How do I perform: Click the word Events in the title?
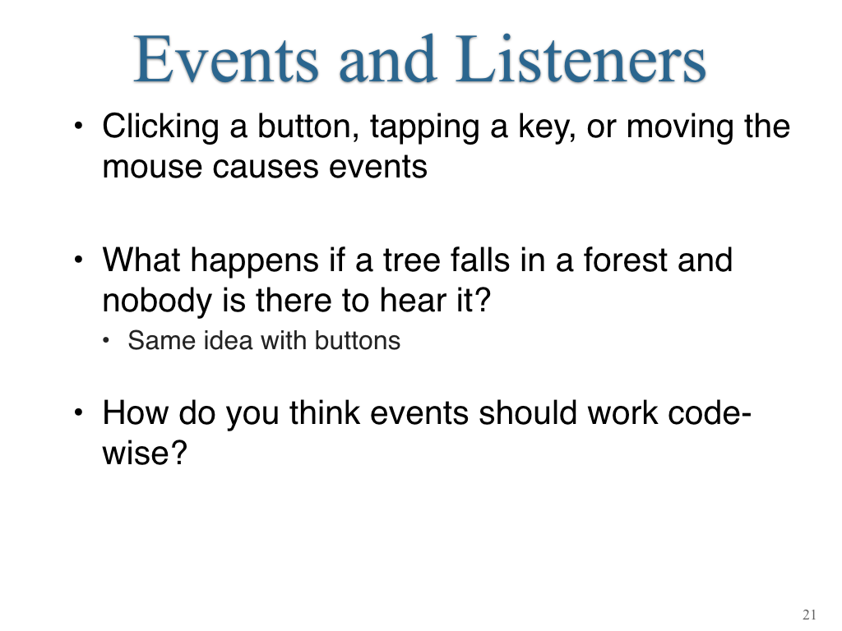coord(226,59)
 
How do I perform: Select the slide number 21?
coord(809,615)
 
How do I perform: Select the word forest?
coord(625,260)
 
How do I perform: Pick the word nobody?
coord(157,302)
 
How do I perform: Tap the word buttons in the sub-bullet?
coord(358,341)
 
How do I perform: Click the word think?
coord(324,413)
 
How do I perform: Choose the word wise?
coord(145,454)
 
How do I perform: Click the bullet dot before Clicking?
coord(79,127)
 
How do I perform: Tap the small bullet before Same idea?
coord(106,340)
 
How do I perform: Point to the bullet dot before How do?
coord(79,412)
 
